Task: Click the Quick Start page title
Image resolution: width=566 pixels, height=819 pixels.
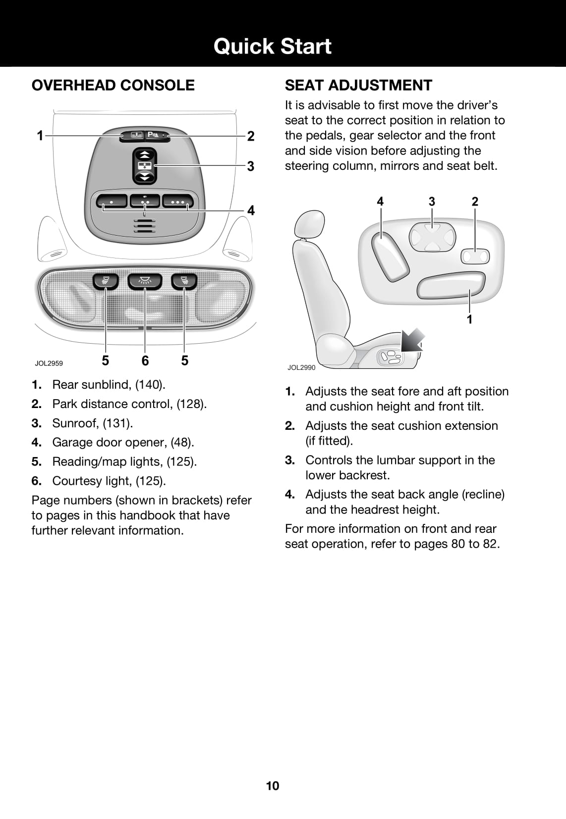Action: [x=272, y=46]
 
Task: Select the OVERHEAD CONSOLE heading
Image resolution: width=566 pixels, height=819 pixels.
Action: [x=113, y=85]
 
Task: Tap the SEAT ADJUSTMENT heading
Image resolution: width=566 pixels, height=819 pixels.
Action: [x=358, y=85]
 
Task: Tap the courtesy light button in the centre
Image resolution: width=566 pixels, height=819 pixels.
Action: [x=145, y=281]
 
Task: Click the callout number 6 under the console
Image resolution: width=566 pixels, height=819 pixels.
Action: [x=145, y=360]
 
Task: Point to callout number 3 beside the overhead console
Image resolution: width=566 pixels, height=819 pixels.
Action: [x=251, y=166]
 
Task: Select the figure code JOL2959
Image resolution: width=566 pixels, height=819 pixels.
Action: [x=49, y=363]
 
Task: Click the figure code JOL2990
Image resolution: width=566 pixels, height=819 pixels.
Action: [x=301, y=367]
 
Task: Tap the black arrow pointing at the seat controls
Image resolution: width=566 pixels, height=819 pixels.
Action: [x=412, y=340]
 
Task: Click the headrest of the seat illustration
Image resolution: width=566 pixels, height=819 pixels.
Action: [x=309, y=224]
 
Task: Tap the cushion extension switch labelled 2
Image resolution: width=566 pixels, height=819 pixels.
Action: [x=475, y=256]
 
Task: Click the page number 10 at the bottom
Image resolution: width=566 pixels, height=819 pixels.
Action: [x=273, y=786]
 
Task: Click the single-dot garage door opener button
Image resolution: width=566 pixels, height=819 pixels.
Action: [x=112, y=202]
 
